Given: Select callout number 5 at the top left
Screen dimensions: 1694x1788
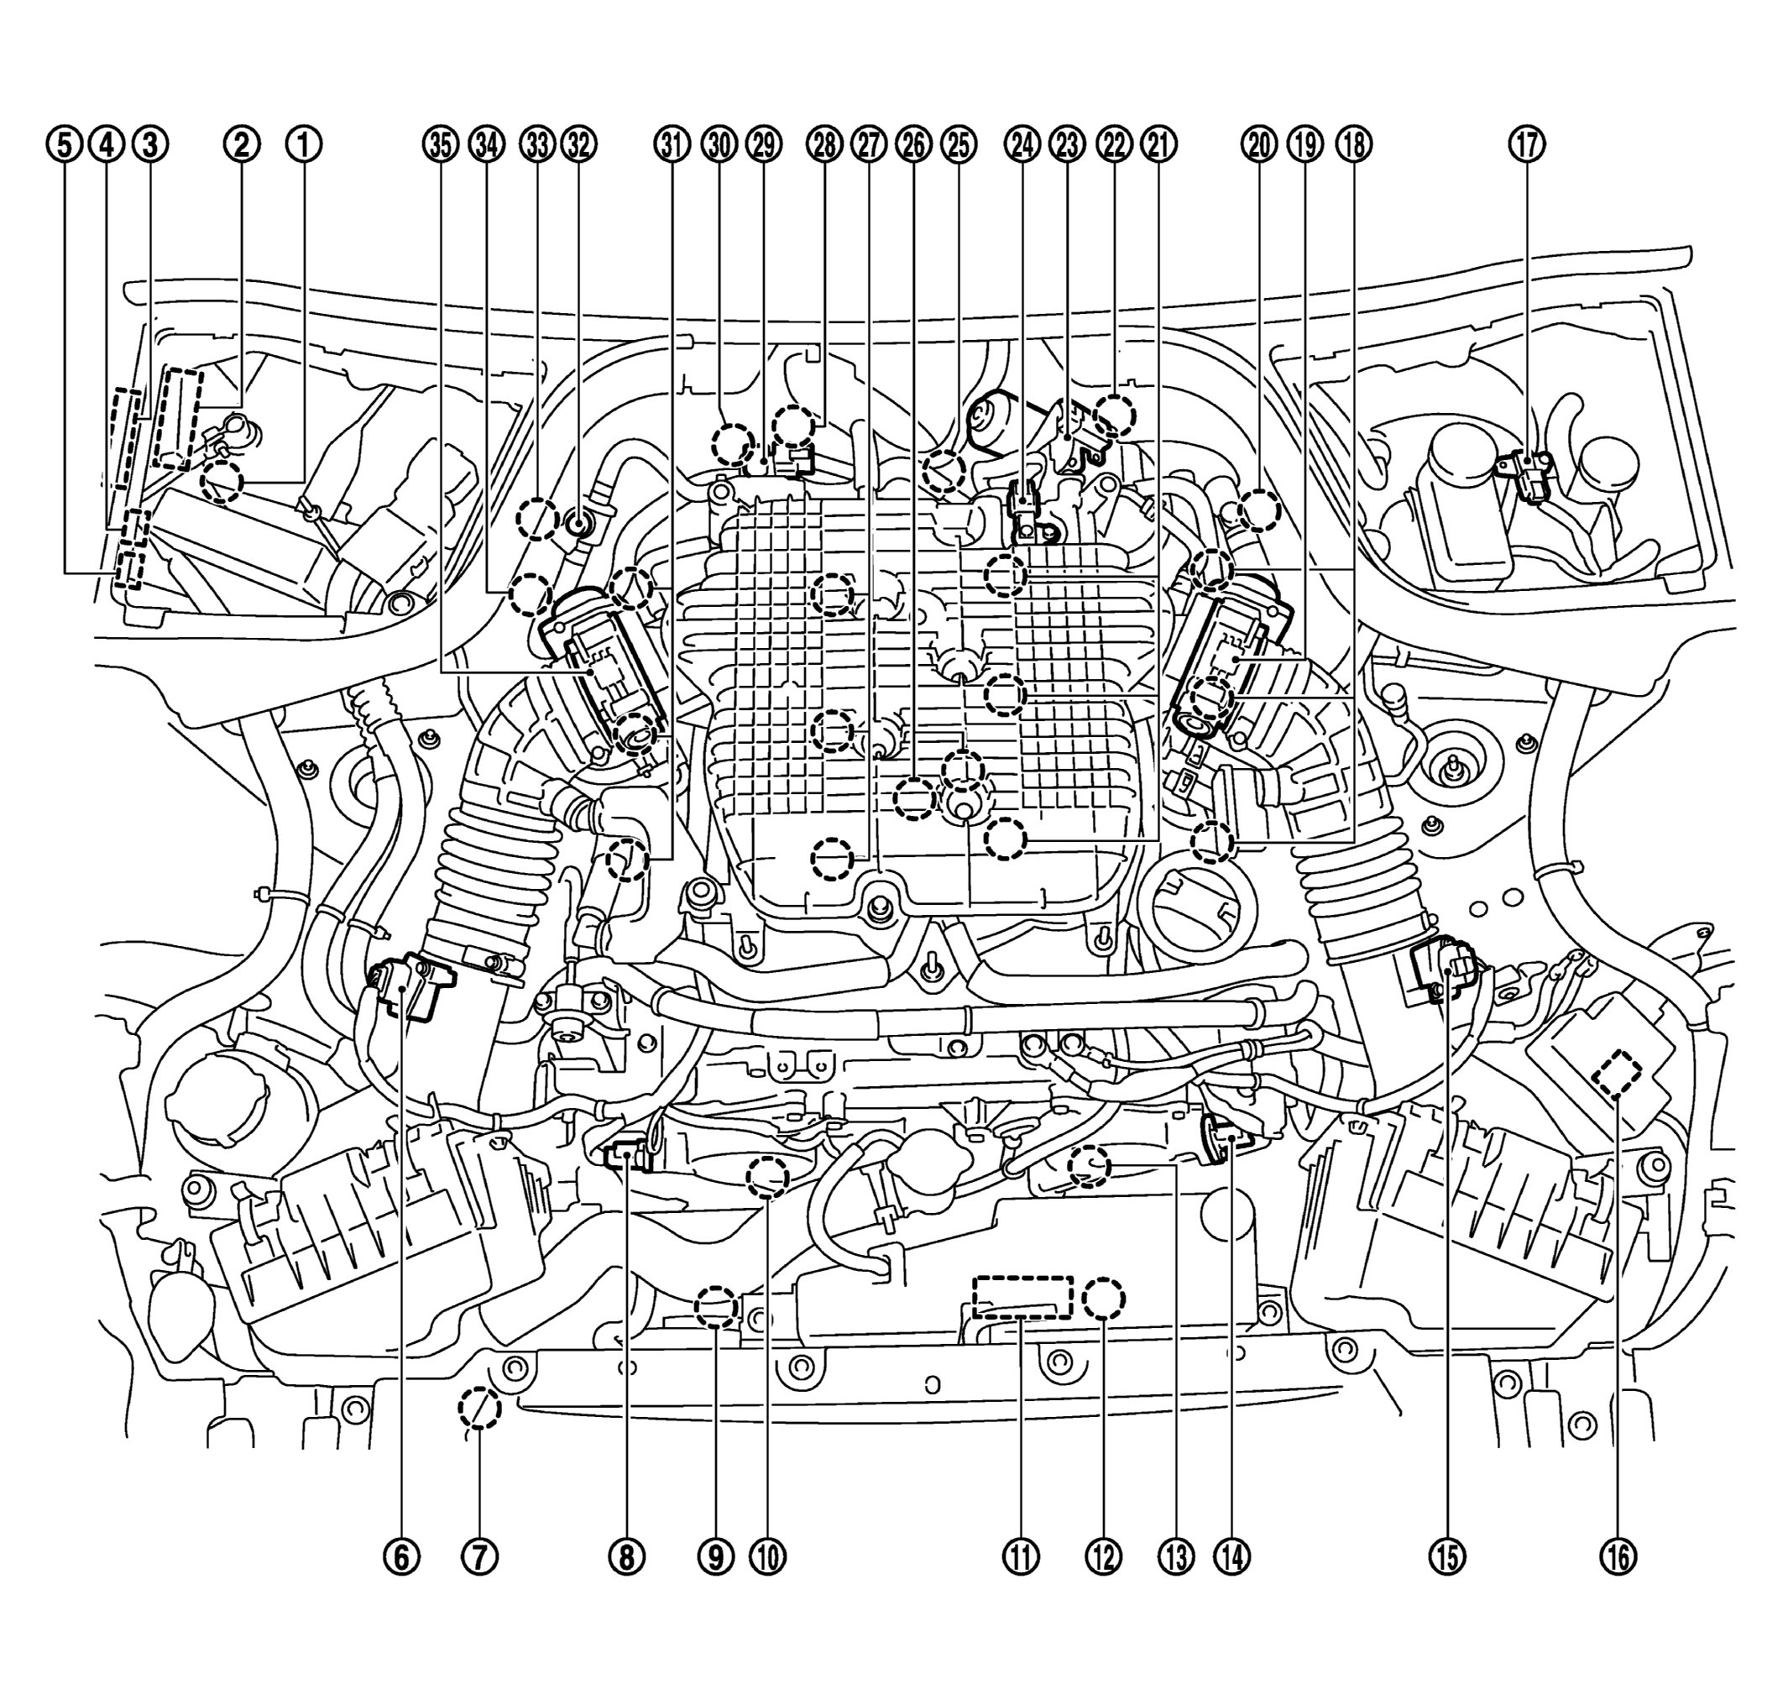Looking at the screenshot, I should pos(64,144).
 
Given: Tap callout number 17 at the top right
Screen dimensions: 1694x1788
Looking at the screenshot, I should pos(1527,144).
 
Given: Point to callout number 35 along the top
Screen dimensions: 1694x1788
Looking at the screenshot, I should pos(441,144).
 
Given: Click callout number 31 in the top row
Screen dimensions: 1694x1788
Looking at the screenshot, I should pos(671,144).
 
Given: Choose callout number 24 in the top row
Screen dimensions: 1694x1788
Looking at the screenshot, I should pos(1022,144).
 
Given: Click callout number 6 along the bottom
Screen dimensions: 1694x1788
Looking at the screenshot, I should pos(403,1555).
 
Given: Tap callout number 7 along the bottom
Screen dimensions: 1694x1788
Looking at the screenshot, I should pos(479,1555).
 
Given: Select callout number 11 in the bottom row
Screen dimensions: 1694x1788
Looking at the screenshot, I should pos(1021,1555).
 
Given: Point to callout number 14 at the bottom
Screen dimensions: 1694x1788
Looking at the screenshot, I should pos(1232,1555).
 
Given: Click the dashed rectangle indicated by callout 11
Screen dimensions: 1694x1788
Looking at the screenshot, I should pos(1022,1298).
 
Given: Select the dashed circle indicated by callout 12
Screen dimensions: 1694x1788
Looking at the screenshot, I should pos(1104,1299).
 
